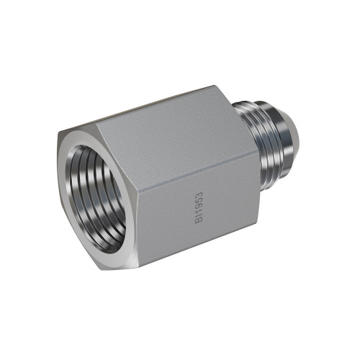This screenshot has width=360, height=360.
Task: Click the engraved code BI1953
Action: pos(199,207)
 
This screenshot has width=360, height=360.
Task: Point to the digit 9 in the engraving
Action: pos(199,207)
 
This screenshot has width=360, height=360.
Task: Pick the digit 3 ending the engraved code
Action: pos(199,194)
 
